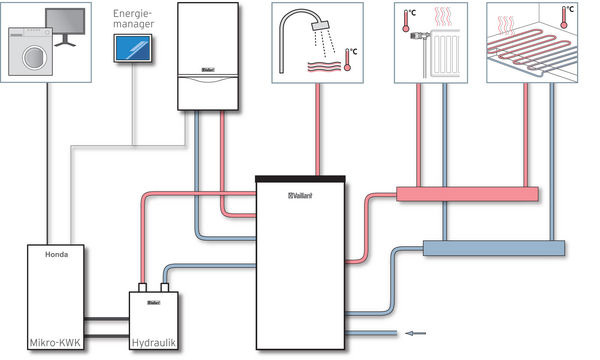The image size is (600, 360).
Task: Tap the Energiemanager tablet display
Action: click(x=133, y=49)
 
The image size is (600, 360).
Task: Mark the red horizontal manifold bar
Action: click(x=467, y=193)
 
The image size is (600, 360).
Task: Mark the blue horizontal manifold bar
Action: click(x=494, y=246)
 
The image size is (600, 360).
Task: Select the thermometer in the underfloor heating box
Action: click(x=568, y=15)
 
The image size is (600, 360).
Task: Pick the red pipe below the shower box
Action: click(x=318, y=130)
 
